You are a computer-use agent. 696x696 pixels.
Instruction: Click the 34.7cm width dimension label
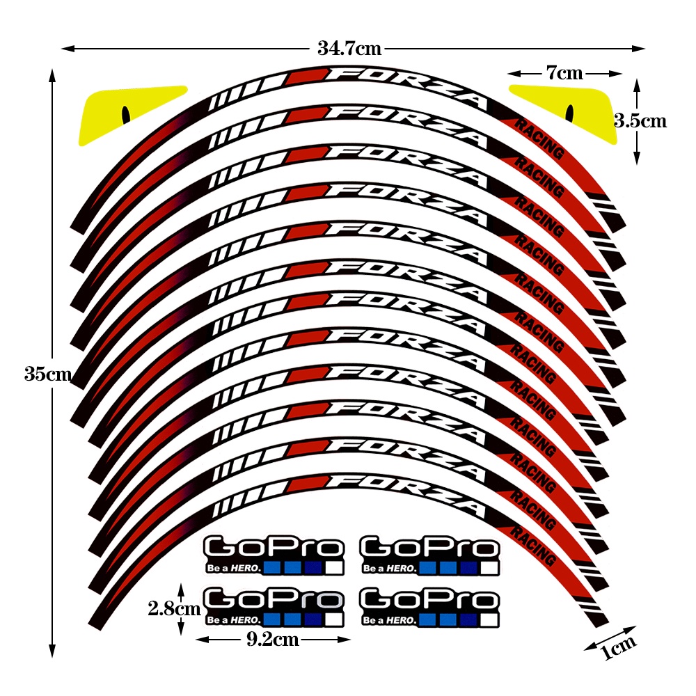tap(349, 49)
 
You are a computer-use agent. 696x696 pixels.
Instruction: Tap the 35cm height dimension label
tap(47, 374)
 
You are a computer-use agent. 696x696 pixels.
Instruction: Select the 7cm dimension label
tap(564, 73)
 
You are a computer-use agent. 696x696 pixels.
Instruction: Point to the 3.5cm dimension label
tap(640, 120)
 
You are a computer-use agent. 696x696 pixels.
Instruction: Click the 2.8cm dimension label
tap(174, 608)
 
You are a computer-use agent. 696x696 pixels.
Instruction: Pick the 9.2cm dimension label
tap(273, 639)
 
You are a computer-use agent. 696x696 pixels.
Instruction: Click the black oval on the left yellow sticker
tap(126, 113)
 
